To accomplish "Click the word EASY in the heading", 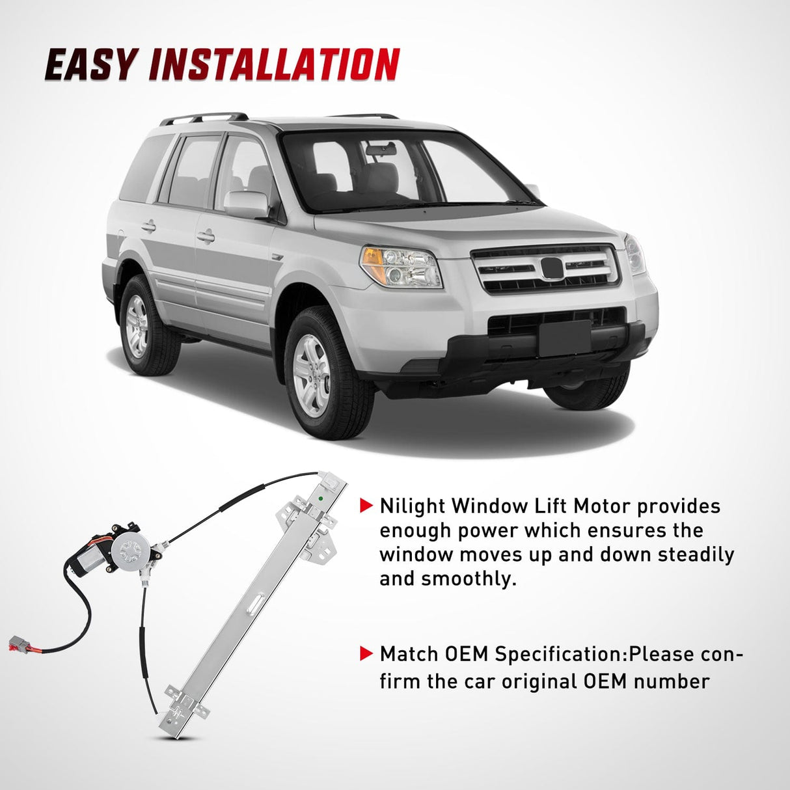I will point(91,65).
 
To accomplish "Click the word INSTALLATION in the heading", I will point(274,65).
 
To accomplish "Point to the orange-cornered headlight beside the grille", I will point(401,266).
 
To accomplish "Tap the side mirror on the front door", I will point(246,204).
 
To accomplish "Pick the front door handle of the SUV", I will point(206,236).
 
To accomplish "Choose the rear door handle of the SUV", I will point(149,226).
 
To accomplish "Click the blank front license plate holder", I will point(564,338).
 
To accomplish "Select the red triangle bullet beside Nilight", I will point(367,505).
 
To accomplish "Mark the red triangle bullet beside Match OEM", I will point(367,653).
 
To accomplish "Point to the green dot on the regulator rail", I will point(321,500).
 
